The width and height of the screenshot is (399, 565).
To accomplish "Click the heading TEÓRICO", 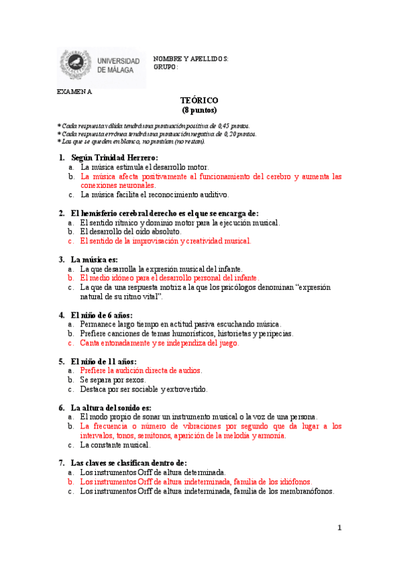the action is pyautogui.click(x=199, y=100).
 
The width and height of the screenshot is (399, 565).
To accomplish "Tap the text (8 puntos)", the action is pyautogui.click(x=199, y=110).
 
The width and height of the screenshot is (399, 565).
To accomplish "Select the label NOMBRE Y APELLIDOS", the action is pyautogui.click(x=191, y=59).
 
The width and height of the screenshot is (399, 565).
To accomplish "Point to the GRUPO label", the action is pyautogui.click(x=166, y=67).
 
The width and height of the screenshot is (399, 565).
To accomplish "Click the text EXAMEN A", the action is pyautogui.click(x=75, y=92).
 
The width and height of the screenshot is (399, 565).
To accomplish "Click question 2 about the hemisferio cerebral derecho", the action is pyautogui.click(x=164, y=213).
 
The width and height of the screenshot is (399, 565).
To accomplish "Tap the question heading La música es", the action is pyautogui.click(x=94, y=259).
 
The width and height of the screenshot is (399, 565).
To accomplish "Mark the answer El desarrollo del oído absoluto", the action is pyautogui.click(x=130, y=231).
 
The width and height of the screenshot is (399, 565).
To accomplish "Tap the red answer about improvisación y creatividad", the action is pyautogui.click(x=165, y=241).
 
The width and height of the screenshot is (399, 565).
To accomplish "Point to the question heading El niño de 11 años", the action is pyautogui.click(x=103, y=360).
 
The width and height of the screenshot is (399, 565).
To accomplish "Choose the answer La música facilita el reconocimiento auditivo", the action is pyautogui.click(x=155, y=195).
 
